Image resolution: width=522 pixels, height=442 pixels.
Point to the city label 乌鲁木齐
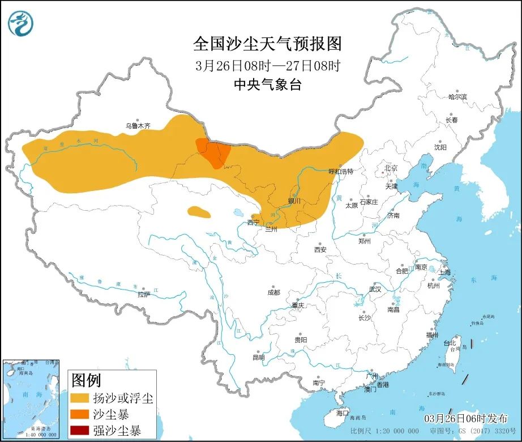(x=138, y=126)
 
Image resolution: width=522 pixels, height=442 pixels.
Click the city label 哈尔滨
(x=457, y=97)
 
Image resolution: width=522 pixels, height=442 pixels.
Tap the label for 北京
(x=391, y=168)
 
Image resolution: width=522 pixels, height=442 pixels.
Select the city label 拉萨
(x=144, y=294)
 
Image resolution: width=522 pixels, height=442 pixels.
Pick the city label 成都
(x=273, y=292)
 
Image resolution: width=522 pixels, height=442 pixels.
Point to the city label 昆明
(x=258, y=357)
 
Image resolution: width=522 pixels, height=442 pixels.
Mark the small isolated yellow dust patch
(x=198, y=212)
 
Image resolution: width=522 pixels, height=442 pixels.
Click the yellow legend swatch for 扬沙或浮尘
(x=80, y=398)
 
